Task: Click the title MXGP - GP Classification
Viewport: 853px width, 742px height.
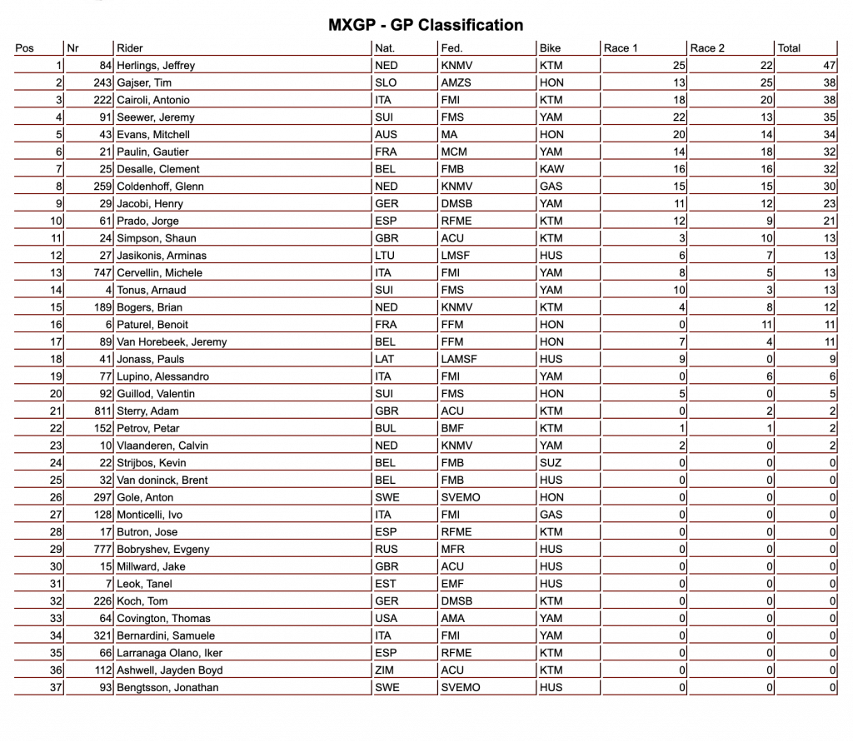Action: (426, 25)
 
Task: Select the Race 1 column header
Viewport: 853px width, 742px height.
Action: (620, 48)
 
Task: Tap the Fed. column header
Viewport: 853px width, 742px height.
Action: (451, 48)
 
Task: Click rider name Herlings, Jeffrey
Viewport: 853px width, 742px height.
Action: (156, 65)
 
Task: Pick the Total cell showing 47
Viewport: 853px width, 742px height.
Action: (829, 65)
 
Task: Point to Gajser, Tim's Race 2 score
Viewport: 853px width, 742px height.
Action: (766, 82)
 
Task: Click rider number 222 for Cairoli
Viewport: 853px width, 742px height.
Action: (102, 100)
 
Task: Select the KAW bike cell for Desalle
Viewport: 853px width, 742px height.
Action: (551, 169)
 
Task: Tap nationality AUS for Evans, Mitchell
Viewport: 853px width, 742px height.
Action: (387, 134)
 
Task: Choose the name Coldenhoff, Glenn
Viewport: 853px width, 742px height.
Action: (160, 187)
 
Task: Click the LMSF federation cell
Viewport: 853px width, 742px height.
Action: (455, 256)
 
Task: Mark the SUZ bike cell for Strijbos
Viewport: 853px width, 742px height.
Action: (551, 463)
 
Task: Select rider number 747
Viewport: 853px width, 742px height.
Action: (102, 273)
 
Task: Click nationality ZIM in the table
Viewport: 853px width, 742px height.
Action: (386, 670)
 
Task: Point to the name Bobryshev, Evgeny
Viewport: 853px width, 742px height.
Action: (163, 550)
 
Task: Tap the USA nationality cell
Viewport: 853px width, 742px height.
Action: (387, 619)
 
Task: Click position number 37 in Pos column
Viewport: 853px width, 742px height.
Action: (55, 688)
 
